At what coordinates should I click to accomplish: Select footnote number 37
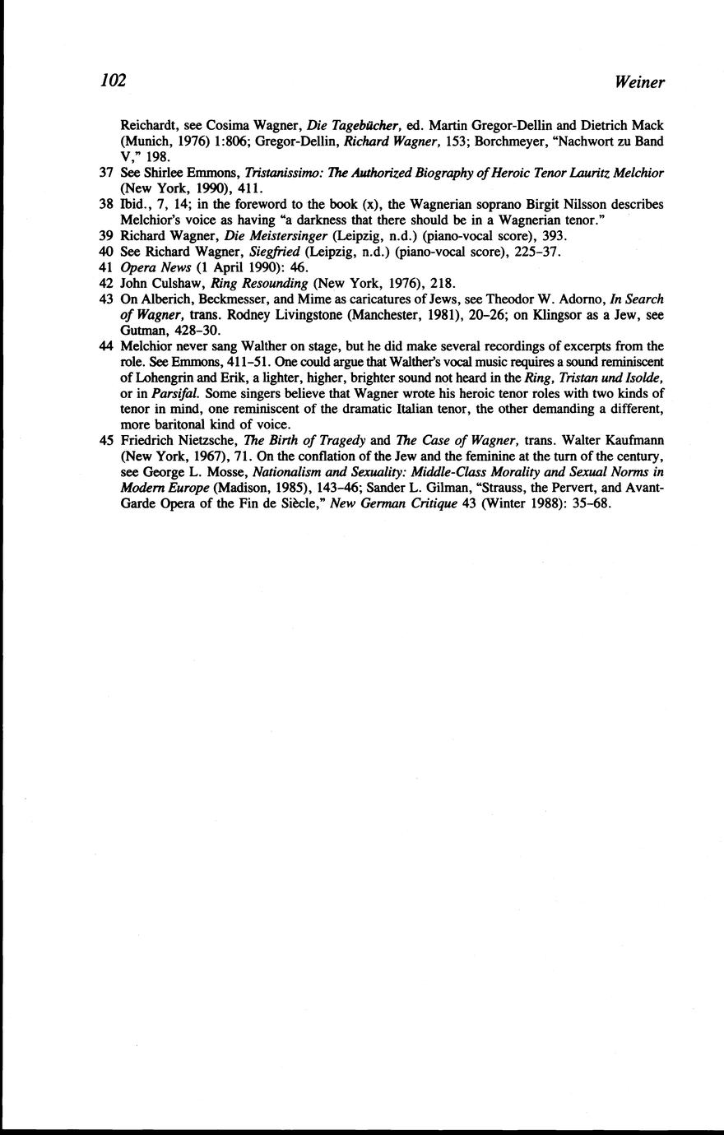(105, 173)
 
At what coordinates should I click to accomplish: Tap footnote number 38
(105, 204)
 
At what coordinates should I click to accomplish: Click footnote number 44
(105, 346)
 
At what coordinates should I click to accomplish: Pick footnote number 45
(105, 440)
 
